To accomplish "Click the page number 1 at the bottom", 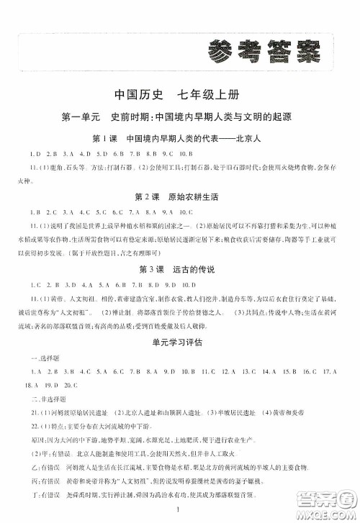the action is click(180, 509).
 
